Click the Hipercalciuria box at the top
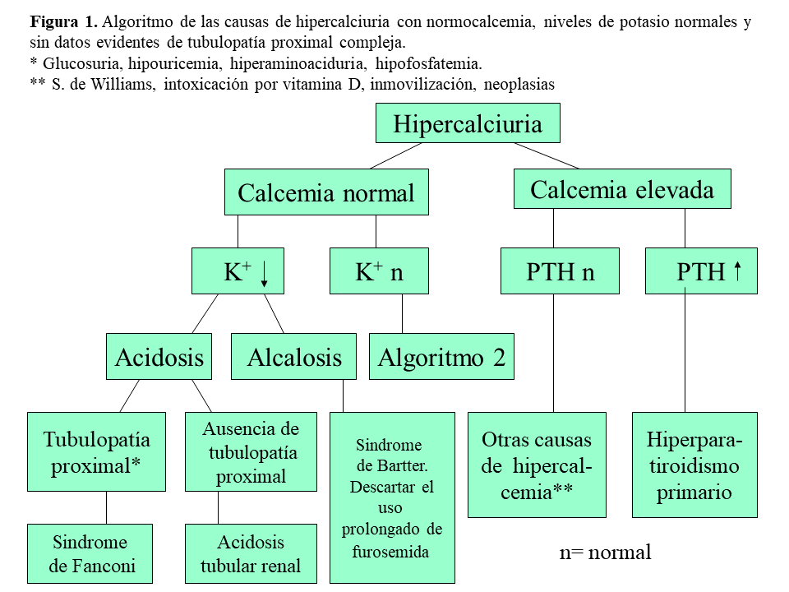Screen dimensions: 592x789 (468, 124)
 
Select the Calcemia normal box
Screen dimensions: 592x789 (326, 193)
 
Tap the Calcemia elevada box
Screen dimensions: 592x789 (622, 190)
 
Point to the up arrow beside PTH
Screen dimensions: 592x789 (737, 271)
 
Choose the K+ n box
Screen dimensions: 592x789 (379, 272)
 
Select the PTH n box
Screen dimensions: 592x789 (560, 272)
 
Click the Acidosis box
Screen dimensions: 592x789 (159, 357)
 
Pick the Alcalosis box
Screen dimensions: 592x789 (293, 357)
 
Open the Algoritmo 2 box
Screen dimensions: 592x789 (441, 357)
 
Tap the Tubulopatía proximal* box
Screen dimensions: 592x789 (96, 451)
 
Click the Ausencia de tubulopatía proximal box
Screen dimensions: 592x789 (251, 451)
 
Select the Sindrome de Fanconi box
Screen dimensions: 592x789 (90, 553)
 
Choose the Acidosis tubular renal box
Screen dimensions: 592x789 (251, 553)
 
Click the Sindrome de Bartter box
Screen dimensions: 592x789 (392, 497)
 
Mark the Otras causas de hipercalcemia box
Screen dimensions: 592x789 (537, 465)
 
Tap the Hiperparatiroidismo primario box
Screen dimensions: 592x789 (694, 465)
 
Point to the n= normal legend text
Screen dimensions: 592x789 (605, 552)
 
